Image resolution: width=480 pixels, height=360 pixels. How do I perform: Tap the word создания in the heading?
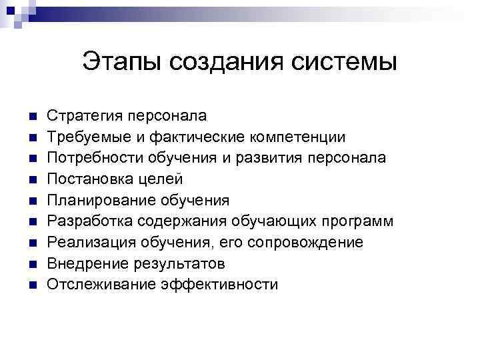228,62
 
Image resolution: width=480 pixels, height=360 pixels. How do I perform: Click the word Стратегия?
85,116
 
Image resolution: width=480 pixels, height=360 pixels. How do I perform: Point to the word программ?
360,221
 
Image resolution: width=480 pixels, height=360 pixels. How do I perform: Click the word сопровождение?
305,243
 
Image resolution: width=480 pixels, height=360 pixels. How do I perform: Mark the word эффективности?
219,285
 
